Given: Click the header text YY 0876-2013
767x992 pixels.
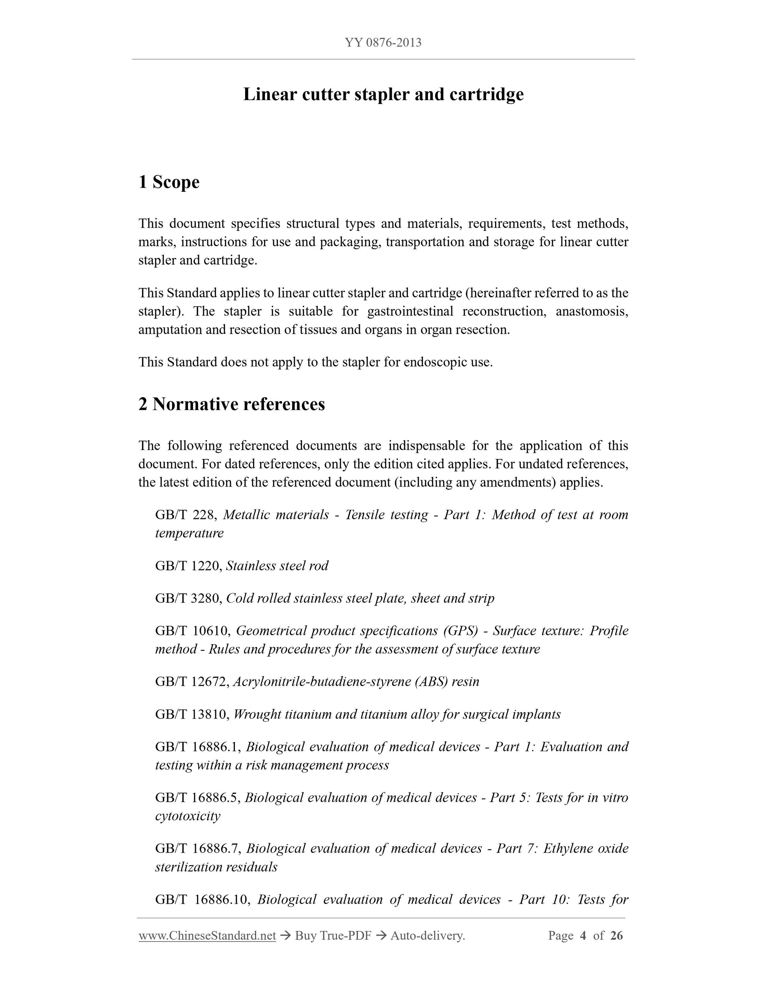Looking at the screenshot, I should click(x=383, y=43).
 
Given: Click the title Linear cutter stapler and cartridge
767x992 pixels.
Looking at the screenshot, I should click(x=383, y=95).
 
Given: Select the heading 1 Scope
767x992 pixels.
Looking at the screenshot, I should click(x=169, y=182).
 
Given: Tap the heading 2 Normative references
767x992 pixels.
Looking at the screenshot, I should click(x=232, y=404).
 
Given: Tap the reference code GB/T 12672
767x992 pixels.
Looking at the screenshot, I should click(x=193, y=682).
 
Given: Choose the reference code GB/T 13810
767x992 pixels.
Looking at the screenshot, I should click(x=193, y=715).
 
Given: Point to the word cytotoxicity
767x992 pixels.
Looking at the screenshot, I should click(x=188, y=816).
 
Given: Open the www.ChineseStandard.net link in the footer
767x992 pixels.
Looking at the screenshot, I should click(x=207, y=936).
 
